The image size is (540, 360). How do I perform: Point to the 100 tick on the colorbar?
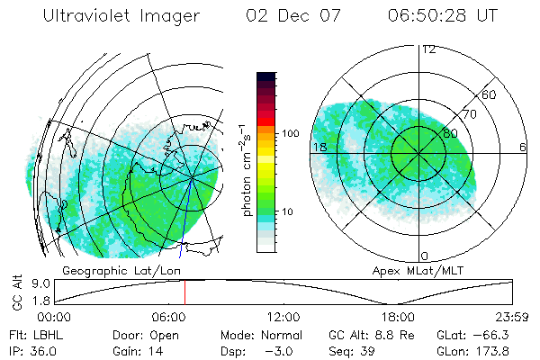(x=291, y=133)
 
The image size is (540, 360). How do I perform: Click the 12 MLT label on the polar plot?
(x=429, y=49)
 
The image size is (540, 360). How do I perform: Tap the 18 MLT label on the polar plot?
(x=319, y=147)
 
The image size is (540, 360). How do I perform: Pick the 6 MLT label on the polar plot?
(x=523, y=147)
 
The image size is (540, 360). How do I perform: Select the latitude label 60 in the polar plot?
(x=489, y=94)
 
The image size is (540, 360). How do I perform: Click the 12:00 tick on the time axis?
(x=283, y=317)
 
